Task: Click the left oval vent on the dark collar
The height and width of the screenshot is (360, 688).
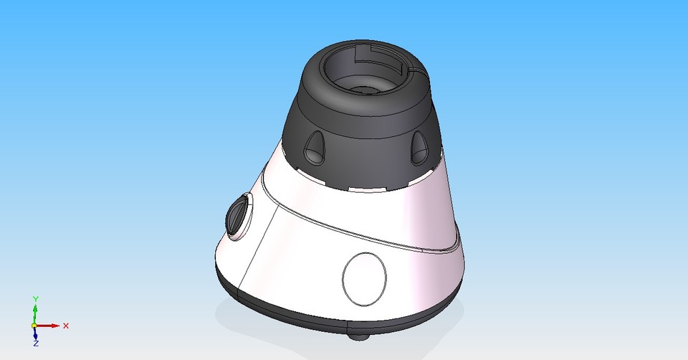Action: (x=313, y=148)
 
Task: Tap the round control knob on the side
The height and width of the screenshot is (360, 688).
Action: (x=238, y=216)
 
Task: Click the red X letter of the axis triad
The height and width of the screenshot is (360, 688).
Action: (x=66, y=326)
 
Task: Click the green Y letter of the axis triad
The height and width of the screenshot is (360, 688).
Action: (x=35, y=298)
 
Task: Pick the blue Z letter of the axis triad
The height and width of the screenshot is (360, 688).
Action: (x=35, y=344)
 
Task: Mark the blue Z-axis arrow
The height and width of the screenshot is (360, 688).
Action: (x=35, y=334)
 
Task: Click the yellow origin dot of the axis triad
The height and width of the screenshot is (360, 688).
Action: (x=34, y=326)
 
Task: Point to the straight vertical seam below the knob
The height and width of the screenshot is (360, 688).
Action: (x=256, y=251)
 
